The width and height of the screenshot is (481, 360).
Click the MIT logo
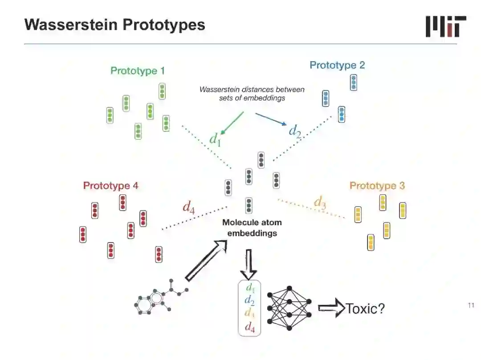tap(446, 26)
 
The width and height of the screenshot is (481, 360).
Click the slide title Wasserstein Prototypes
tap(115, 24)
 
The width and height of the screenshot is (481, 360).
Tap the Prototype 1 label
tap(138, 71)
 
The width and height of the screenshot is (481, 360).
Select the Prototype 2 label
tap(337, 65)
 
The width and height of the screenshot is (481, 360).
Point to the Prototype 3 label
tap(377, 186)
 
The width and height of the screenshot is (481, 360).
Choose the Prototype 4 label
tap(110, 186)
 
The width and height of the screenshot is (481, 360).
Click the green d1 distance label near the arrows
tap(216, 139)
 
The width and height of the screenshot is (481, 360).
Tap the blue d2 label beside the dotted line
tap(295, 130)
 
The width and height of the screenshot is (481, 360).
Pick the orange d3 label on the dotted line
tap(320, 202)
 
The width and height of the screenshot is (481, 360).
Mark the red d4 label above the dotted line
tap(189, 207)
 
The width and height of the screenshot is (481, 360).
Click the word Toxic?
tap(365, 308)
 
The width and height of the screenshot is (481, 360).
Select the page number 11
tap(471, 305)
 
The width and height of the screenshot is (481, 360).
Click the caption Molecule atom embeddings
tap(252, 228)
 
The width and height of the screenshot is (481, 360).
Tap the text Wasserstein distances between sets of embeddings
tap(252, 93)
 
